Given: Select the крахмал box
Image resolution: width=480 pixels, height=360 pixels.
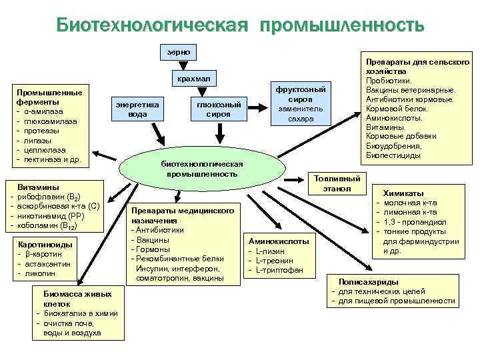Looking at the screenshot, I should (x=193, y=79).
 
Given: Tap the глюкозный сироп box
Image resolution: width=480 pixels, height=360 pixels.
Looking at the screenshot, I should (x=219, y=109).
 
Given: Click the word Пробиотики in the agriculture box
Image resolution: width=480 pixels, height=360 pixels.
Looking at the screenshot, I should (x=388, y=81).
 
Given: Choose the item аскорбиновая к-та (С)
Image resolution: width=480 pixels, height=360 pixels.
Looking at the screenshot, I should (x=58, y=207).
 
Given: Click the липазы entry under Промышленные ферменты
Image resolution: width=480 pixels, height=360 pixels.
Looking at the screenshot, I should (x=39, y=141).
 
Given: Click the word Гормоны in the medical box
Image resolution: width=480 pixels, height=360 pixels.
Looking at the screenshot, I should (x=154, y=249).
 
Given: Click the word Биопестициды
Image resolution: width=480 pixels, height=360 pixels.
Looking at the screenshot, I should (x=393, y=155).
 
